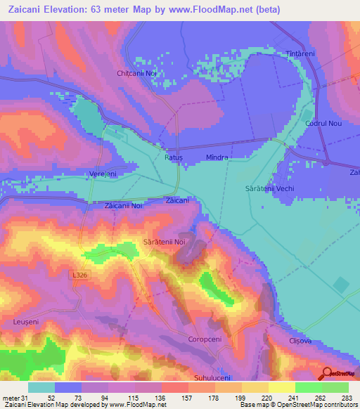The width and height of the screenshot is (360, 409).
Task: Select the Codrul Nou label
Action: (x=323, y=123)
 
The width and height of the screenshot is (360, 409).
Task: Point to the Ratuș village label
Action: (x=173, y=158)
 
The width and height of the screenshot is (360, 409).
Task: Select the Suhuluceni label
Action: (x=212, y=378)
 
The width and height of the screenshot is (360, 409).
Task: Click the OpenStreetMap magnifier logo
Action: (x=327, y=374)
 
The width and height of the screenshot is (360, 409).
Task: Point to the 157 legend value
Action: (x=188, y=397)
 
